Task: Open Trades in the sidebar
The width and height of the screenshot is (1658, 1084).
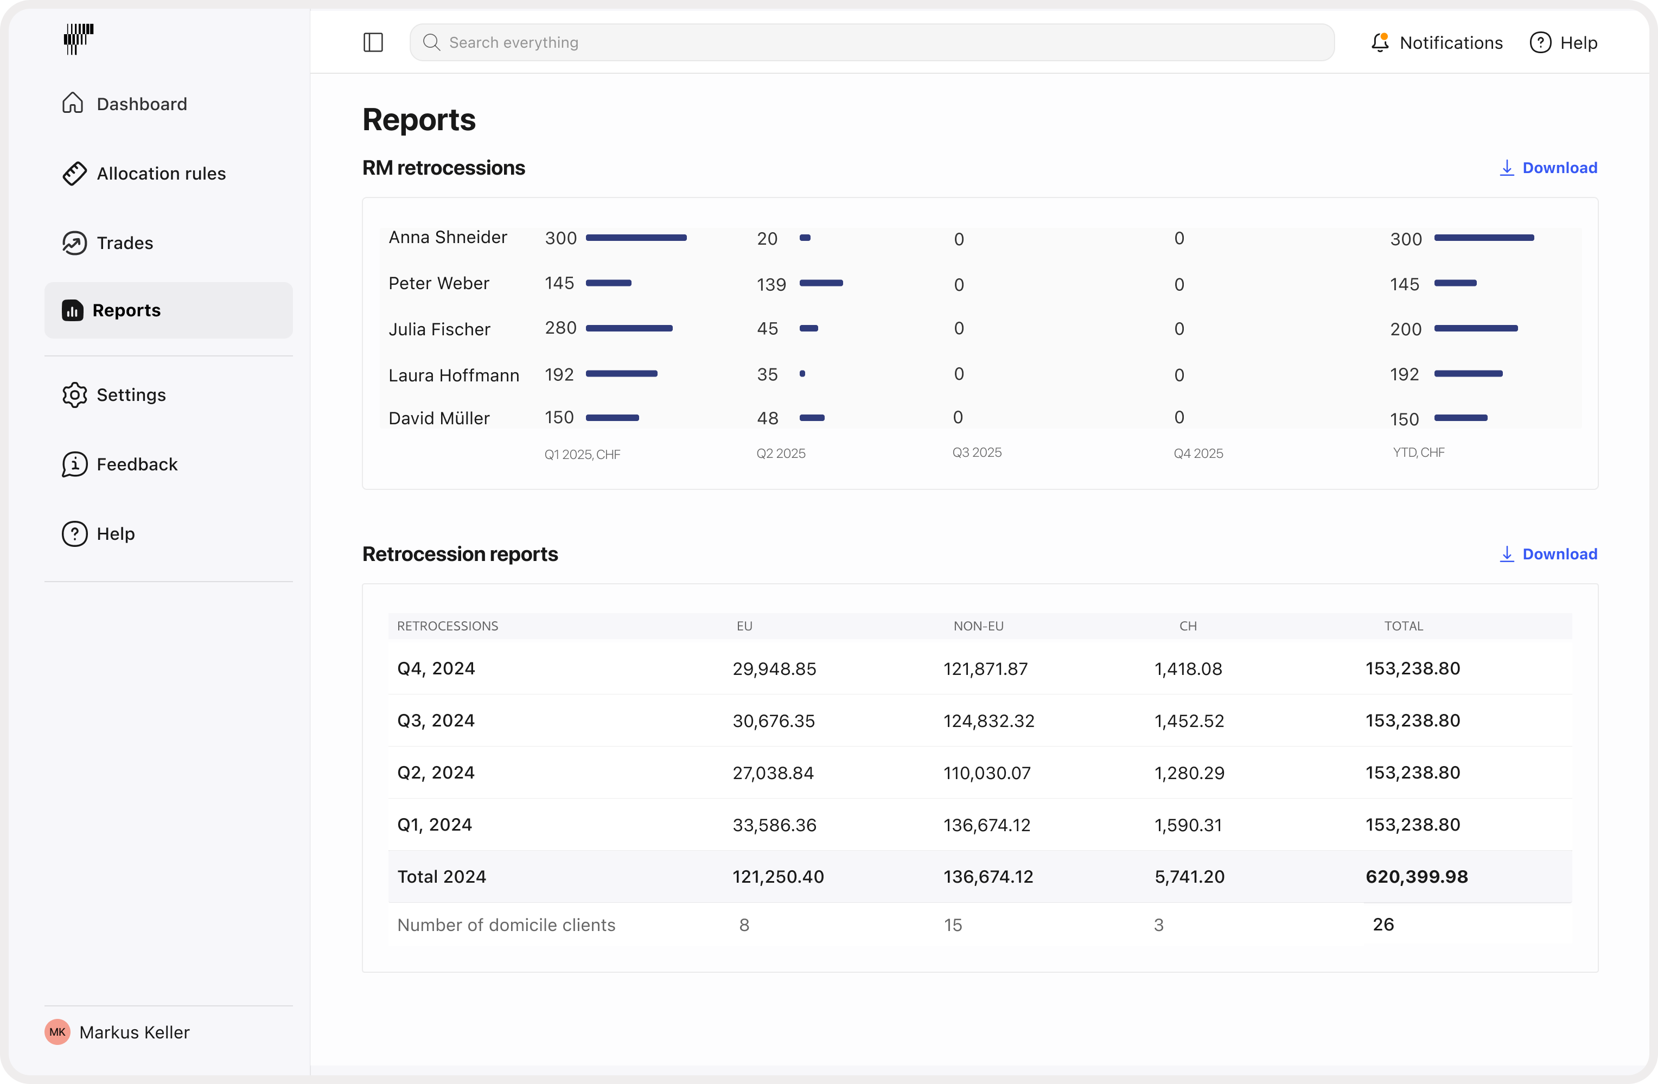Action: [124, 243]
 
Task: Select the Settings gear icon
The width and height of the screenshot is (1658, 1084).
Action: [74, 395]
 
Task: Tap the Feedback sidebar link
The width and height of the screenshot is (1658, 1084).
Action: [137, 464]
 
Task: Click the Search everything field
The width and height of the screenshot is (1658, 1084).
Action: [871, 42]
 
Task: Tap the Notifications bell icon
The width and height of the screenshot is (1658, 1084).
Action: [1379, 42]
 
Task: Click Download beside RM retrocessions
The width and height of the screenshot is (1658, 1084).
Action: [1548, 168]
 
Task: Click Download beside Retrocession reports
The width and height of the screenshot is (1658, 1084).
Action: [1548, 554]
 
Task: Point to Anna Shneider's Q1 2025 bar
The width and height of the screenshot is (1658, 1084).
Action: [636, 238]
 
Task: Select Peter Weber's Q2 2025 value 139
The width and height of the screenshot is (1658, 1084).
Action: [771, 284]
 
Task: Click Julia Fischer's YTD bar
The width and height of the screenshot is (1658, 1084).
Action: [1476, 328]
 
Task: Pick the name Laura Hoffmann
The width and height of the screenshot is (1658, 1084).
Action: [454, 375]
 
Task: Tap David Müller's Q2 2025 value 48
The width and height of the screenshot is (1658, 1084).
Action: [767, 418]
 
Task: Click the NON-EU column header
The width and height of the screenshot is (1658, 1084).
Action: [978, 626]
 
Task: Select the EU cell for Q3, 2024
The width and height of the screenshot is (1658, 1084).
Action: [773, 720]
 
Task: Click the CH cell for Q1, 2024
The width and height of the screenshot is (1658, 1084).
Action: [1188, 825]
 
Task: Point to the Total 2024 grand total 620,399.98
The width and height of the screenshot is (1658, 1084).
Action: [1416, 876]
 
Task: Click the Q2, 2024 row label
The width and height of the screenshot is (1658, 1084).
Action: [436, 773]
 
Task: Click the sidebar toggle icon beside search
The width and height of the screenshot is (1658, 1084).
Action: [373, 42]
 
